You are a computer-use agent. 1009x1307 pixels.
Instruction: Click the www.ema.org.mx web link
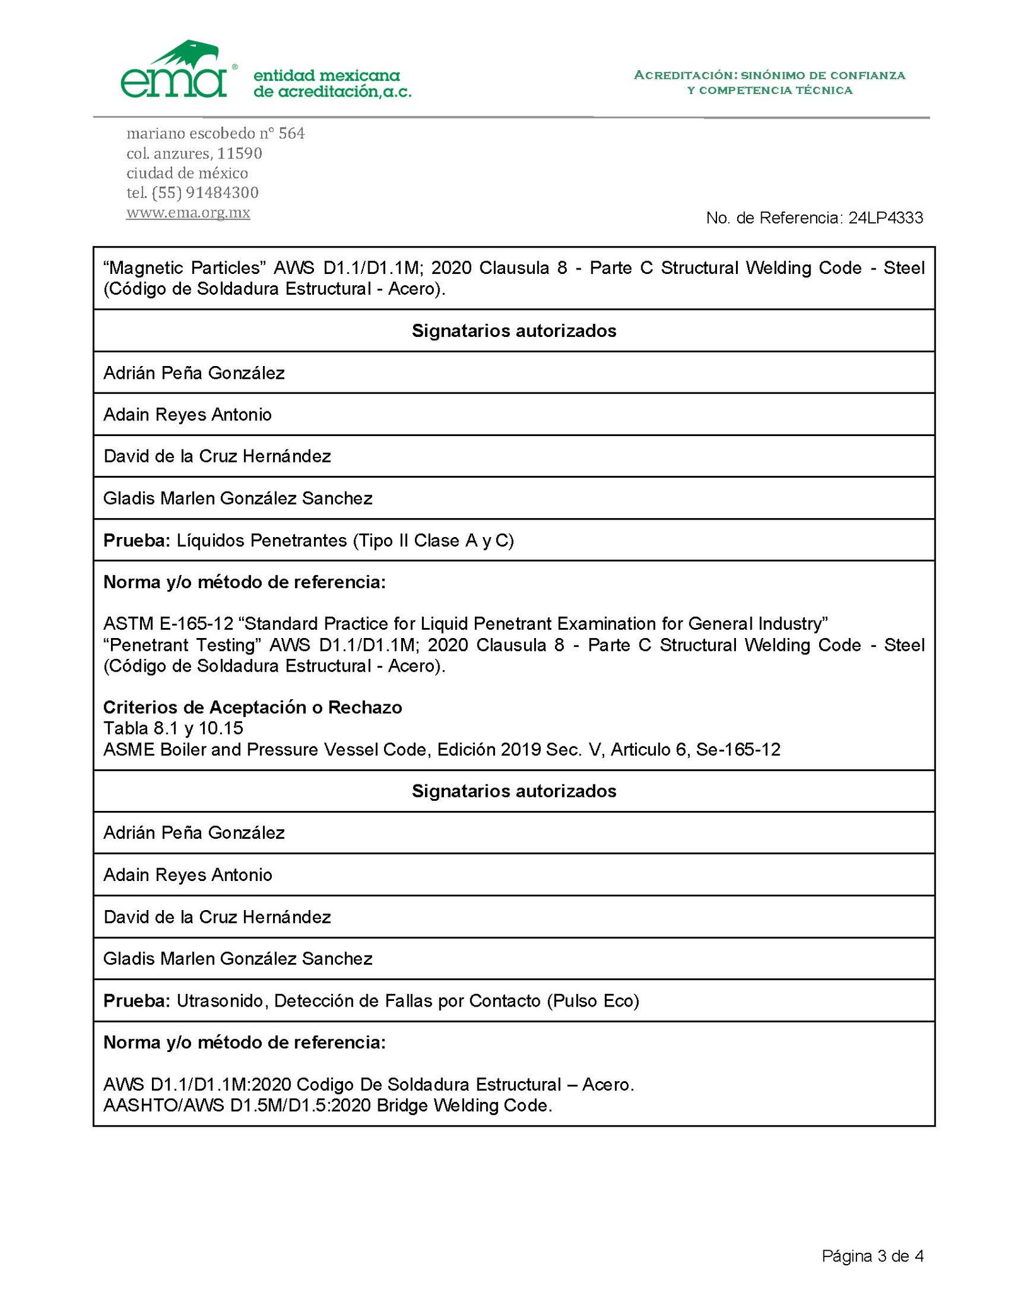click(188, 213)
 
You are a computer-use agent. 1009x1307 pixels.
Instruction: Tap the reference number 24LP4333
click(885, 218)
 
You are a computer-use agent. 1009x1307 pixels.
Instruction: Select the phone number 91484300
click(222, 192)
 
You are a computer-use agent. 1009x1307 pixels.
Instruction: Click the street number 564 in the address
click(291, 134)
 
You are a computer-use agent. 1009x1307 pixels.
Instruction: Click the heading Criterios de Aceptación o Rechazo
click(252, 707)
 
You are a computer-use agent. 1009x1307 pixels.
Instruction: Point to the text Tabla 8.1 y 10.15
click(173, 728)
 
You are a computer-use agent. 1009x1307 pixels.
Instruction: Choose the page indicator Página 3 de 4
click(872, 1256)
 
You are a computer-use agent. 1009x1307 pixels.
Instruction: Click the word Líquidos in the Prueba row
click(211, 541)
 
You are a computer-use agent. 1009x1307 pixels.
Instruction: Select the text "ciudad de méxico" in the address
click(187, 173)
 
